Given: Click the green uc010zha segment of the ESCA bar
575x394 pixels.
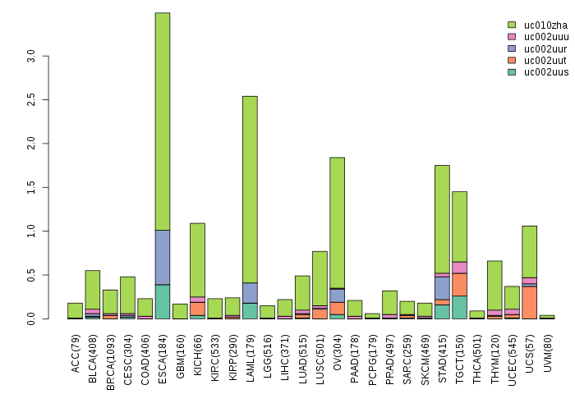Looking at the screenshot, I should pos(162,121).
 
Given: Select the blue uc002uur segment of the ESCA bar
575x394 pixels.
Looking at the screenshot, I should pos(162,257).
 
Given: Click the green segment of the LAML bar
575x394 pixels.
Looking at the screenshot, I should pos(250,189).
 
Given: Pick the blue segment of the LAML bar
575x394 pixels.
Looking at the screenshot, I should pos(250,293).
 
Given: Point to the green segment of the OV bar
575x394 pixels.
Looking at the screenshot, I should pos(337,222).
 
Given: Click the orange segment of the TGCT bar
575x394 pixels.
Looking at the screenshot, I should pos(459,284).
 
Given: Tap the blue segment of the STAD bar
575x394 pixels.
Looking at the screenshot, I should pos(442,288).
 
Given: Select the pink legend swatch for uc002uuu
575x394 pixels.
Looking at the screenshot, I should pos(512,37).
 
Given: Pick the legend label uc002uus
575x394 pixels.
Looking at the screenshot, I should pos(546,72).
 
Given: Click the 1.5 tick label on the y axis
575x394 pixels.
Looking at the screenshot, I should pos(32,188).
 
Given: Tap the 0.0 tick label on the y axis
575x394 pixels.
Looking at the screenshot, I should pos(32,318).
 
